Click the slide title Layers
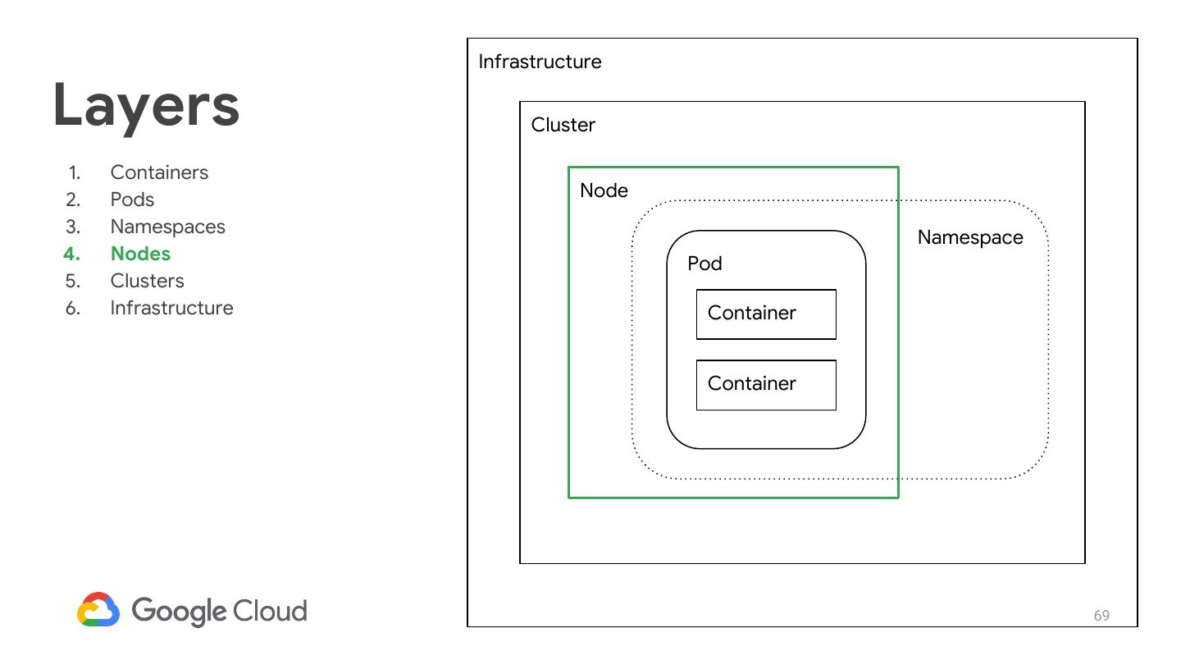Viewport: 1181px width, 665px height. (x=146, y=105)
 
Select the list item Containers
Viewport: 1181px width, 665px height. (x=159, y=172)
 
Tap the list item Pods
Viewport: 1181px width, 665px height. (x=132, y=199)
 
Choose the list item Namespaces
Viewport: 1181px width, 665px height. (x=167, y=227)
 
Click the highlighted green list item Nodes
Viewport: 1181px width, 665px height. (x=140, y=254)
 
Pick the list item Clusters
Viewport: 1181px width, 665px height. (x=147, y=281)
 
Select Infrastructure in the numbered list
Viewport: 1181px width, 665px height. (x=171, y=308)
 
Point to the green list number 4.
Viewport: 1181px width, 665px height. (x=71, y=254)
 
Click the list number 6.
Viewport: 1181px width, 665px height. (x=73, y=308)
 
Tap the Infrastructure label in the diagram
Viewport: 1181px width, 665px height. (x=540, y=62)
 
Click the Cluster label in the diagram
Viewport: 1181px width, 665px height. (x=563, y=125)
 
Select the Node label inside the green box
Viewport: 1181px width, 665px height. (x=604, y=190)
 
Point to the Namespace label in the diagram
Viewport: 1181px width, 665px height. (x=970, y=237)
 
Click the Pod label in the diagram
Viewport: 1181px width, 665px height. (x=704, y=264)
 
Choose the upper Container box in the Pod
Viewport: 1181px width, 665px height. (x=766, y=314)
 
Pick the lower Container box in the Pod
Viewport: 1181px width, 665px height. (x=766, y=384)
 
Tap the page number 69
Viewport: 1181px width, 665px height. (x=1101, y=616)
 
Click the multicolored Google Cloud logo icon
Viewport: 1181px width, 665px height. (x=98, y=610)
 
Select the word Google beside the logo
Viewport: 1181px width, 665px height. (x=179, y=611)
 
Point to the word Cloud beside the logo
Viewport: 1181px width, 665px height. (x=270, y=611)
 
